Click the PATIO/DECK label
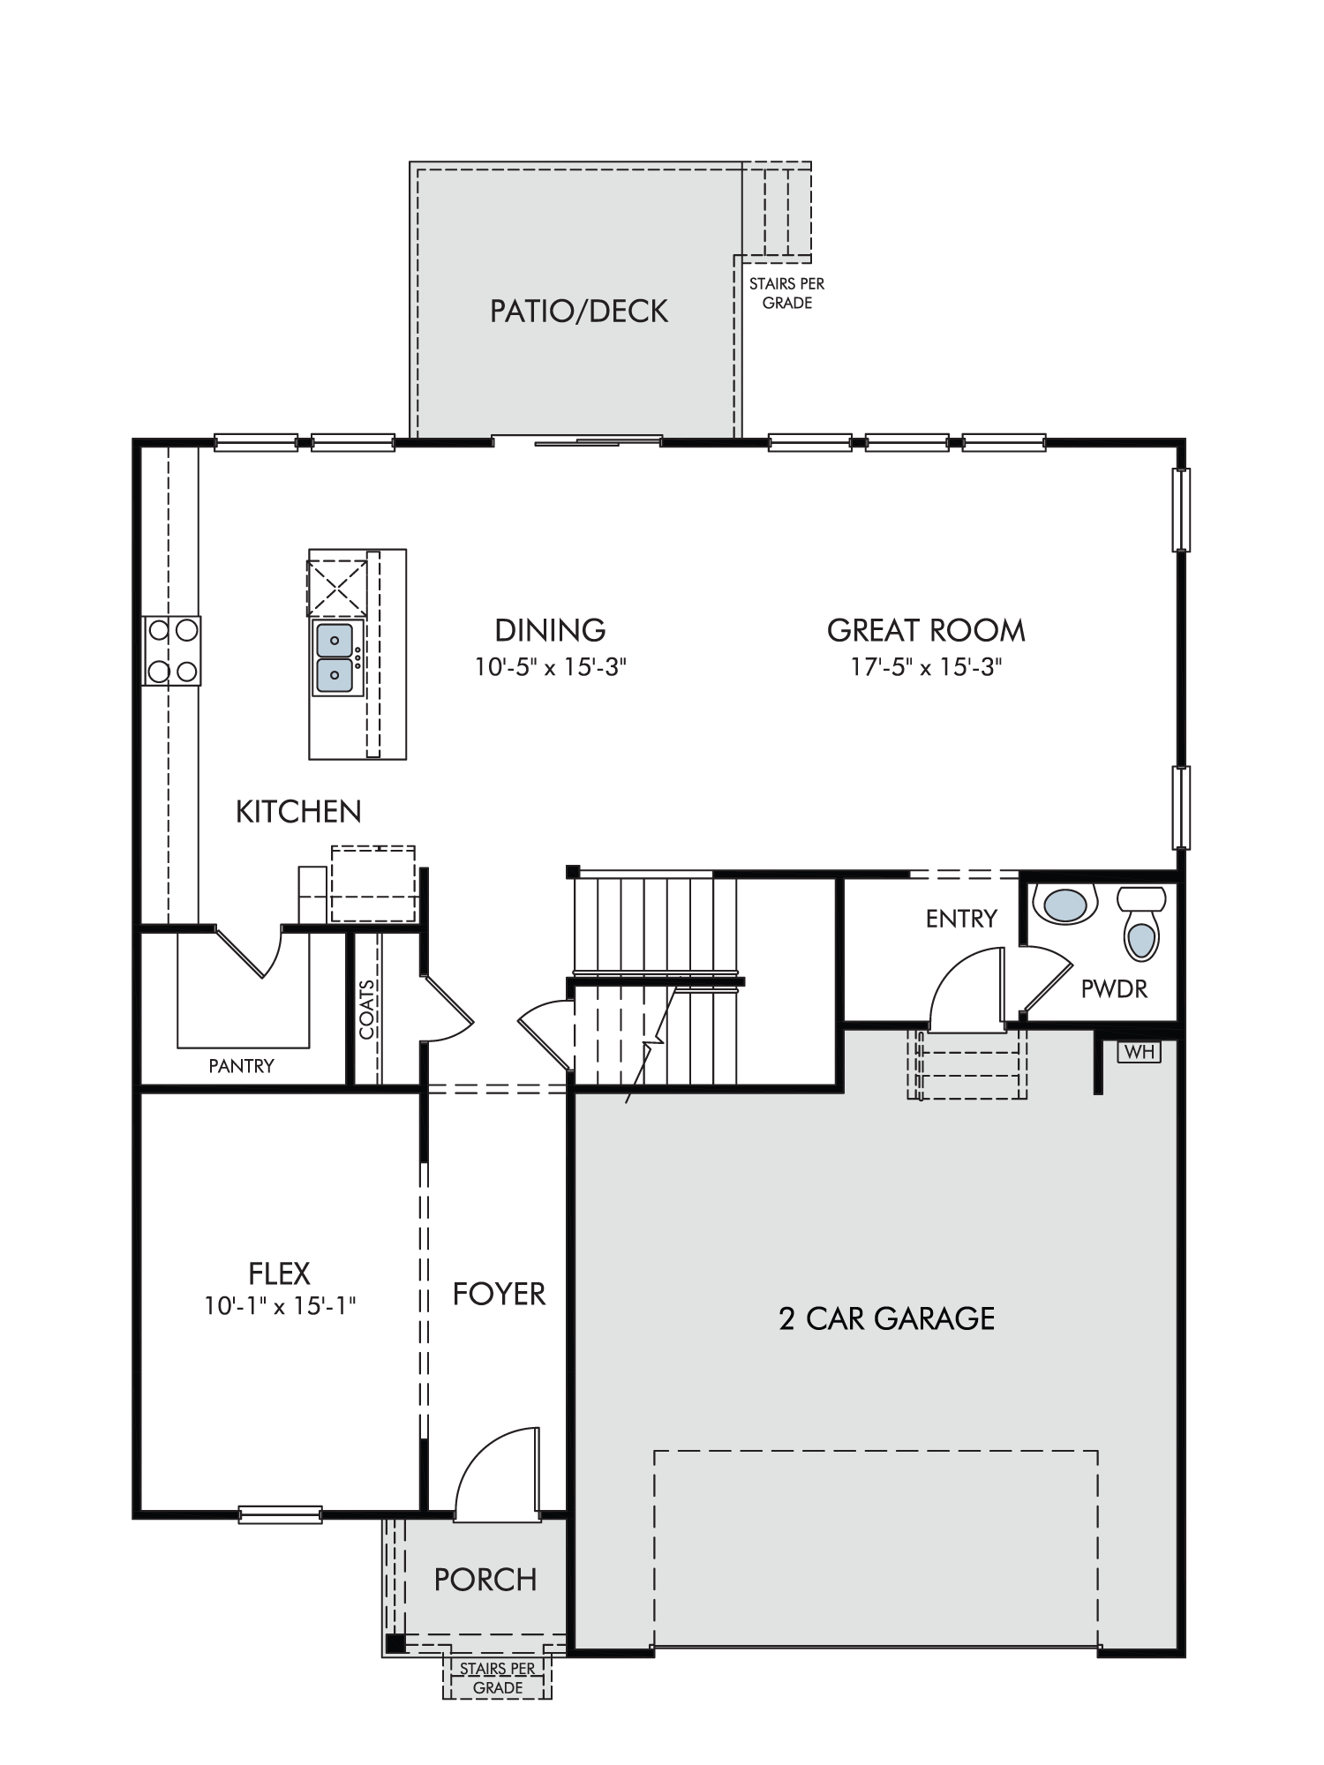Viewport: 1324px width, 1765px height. (x=579, y=311)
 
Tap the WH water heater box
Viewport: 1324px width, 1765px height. (x=1140, y=1052)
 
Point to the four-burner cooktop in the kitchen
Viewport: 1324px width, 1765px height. (x=172, y=650)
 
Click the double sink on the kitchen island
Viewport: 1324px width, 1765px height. (x=335, y=657)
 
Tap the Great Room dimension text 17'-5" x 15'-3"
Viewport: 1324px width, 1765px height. (x=926, y=666)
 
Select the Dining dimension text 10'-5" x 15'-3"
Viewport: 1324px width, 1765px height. (x=550, y=666)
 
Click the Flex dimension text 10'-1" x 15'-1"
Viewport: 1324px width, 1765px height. (x=280, y=1305)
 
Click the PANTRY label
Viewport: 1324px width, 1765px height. (x=241, y=1066)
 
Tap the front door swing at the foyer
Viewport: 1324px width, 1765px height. (x=496, y=1474)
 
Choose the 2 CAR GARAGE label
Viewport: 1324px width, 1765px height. (x=886, y=1318)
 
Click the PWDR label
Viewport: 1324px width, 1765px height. (x=1114, y=989)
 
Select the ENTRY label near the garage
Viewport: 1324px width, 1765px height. (x=961, y=919)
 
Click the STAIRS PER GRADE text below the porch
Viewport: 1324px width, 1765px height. (x=497, y=1679)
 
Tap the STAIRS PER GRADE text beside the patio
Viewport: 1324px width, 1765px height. (x=786, y=293)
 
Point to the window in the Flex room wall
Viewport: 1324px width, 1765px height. (x=281, y=1513)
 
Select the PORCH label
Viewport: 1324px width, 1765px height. (x=485, y=1580)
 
